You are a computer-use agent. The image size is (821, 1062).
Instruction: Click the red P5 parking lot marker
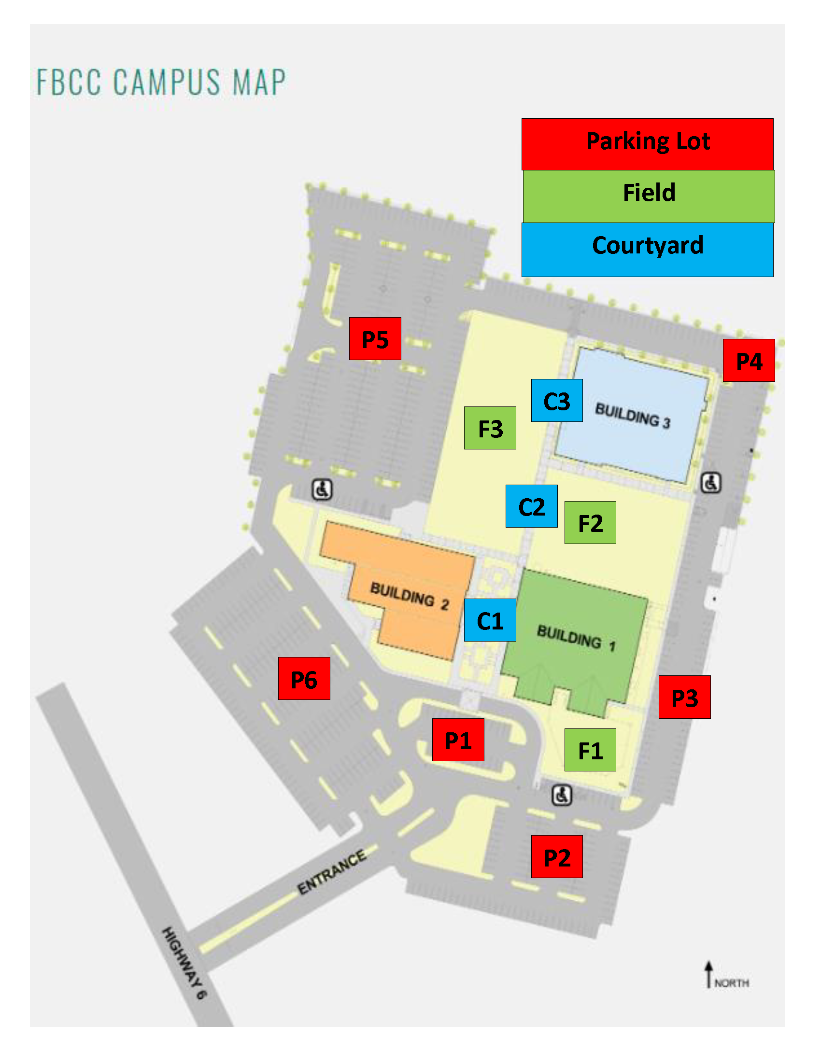pyautogui.click(x=375, y=338)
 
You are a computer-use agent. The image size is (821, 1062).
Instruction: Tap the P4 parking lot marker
pyautogui.click(x=749, y=360)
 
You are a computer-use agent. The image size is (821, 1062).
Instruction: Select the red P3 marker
pyautogui.click(x=684, y=697)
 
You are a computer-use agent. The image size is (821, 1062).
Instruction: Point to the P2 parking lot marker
pyautogui.click(x=556, y=857)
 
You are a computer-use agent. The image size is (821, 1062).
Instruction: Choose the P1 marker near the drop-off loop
pyautogui.click(x=458, y=740)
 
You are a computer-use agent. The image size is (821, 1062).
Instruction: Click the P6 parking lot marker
pyautogui.click(x=304, y=678)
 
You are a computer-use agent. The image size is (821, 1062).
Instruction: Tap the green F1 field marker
pyautogui.click(x=590, y=750)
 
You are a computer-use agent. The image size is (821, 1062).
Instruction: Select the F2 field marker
pyautogui.click(x=590, y=522)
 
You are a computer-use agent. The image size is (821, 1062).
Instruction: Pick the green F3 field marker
pyautogui.click(x=490, y=428)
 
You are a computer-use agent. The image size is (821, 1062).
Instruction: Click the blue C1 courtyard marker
pyautogui.click(x=490, y=620)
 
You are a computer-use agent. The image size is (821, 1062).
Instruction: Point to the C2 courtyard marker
pyautogui.click(x=532, y=506)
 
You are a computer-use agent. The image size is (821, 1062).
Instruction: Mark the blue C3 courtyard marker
pyautogui.click(x=556, y=401)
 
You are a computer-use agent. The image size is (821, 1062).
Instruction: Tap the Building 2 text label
pyautogui.click(x=409, y=596)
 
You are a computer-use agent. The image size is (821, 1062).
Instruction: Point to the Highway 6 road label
pyautogui.click(x=184, y=963)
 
